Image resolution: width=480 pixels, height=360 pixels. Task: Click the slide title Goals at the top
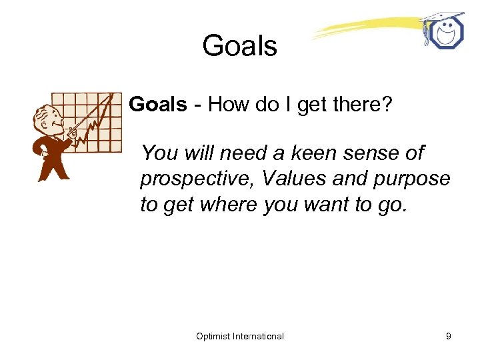(239, 46)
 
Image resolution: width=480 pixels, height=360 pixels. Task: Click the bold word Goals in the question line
(158, 104)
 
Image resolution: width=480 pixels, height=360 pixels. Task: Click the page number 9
(449, 336)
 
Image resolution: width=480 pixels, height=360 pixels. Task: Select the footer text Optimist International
(240, 336)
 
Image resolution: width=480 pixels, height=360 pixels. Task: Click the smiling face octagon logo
(445, 33)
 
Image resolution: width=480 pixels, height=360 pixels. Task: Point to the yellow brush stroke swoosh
(363, 29)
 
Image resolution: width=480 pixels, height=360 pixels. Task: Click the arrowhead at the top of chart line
(109, 97)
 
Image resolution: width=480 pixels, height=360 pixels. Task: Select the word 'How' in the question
(227, 104)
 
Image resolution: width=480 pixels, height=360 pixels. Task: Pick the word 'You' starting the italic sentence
(158, 153)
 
